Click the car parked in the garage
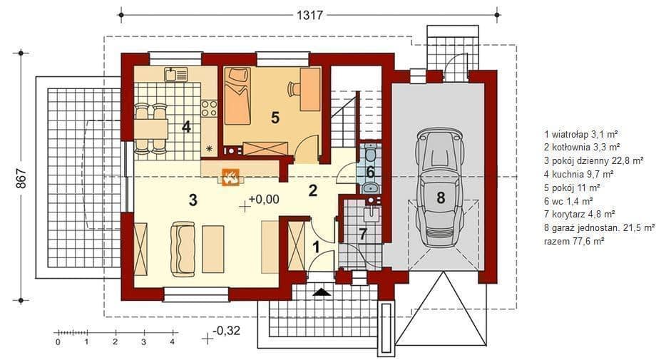[x=440, y=188]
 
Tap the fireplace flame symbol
[x=231, y=177]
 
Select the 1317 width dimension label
[x=309, y=16]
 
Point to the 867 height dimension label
[x=21, y=178]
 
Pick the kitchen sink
[x=175, y=74]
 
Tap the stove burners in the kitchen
[x=209, y=108]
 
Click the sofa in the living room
[x=183, y=249]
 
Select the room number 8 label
[x=441, y=197]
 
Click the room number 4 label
[x=186, y=127]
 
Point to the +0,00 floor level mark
[x=264, y=199]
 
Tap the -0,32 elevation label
[x=226, y=331]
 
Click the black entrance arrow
[x=322, y=292]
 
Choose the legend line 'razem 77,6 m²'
[x=574, y=241]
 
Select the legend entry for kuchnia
[x=578, y=174]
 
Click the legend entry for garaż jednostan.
[x=599, y=227]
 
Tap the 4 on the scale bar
[x=172, y=342]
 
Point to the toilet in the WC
[x=371, y=152]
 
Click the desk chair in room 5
[x=294, y=89]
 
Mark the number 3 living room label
[x=193, y=200]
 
